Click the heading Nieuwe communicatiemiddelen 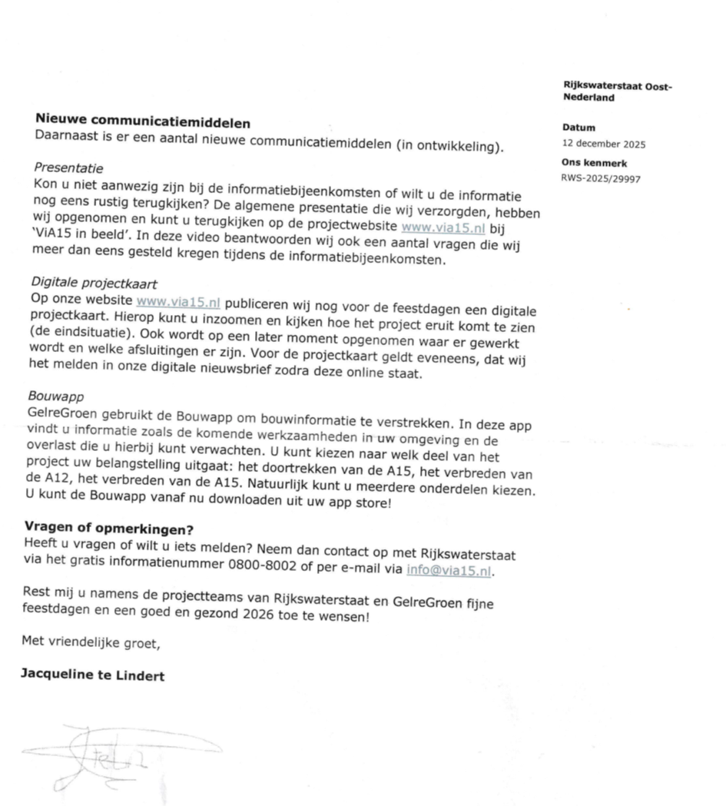[143, 121]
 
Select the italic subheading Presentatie [68, 168]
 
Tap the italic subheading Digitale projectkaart [94, 283]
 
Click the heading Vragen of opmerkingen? [108, 529]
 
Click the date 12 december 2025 [604, 144]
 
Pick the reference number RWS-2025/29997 [601, 178]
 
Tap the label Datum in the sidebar [578, 128]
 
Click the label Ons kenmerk [595, 163]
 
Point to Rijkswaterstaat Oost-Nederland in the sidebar [617, 91]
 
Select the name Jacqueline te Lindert [92, 675]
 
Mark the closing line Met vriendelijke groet [91, 642]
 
